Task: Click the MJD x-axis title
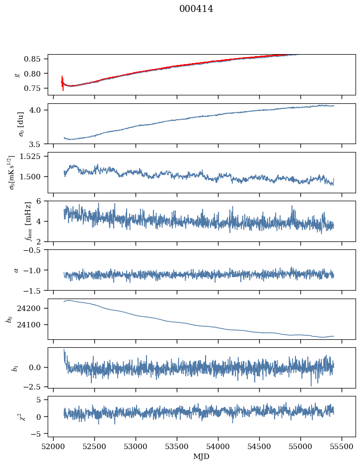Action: (x=202, y=457)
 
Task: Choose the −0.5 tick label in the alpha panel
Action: (x=36, y=250)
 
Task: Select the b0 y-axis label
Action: (x=9, y=318)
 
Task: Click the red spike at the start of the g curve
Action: (x=63, y=83)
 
